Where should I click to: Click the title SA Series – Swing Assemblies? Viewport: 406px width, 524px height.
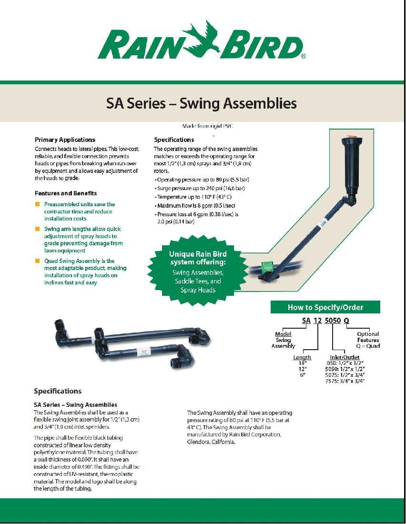coord(202,103)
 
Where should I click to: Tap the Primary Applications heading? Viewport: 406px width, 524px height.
coord(65,140)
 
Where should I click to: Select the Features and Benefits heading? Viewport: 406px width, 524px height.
coord(66,193)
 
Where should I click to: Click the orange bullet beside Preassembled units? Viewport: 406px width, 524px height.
coord(37,204)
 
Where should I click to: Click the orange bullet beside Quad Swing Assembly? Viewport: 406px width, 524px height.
coord(37,261)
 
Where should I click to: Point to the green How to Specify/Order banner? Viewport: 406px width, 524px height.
coord(325,307)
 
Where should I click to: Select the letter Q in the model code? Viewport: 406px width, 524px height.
coord(346,321)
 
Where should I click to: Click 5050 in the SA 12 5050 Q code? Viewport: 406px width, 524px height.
coord(333,321)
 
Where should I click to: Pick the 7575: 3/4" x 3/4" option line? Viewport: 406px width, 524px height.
coord(345,381)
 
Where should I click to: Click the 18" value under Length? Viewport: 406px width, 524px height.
coord(302,363)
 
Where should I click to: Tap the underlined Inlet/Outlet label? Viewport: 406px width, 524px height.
coord(345,357)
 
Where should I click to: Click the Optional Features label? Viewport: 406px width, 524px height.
coord(368,337)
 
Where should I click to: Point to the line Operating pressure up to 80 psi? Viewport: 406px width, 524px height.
coord(203,180)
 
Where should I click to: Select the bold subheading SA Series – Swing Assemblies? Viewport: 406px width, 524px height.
coord(75,405)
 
